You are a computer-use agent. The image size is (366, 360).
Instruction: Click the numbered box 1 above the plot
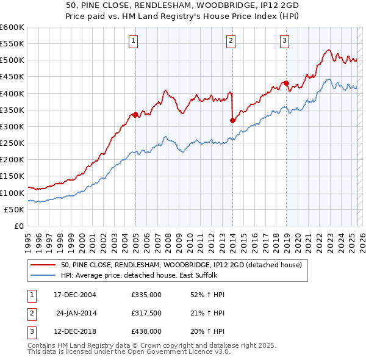click(x=133, y=41)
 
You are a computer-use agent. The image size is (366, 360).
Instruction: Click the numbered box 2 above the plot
click(x=231, y=41)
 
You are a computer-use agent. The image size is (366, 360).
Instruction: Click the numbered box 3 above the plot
click(x=284, y=41)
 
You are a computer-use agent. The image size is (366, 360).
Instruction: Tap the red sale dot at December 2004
click(x=135, y=114)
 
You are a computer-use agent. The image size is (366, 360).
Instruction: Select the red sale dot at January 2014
click(x=232, y=120)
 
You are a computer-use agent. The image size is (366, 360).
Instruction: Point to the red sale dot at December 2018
click(x=285, y=83)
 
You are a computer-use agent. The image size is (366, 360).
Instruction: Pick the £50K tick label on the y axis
click(x=14, y=209)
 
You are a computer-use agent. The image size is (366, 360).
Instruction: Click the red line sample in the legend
click(x=43, y=265)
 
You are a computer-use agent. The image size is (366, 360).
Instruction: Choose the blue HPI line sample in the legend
click(x=43, y=276)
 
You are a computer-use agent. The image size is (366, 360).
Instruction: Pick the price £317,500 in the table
click(x=146, y=313)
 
